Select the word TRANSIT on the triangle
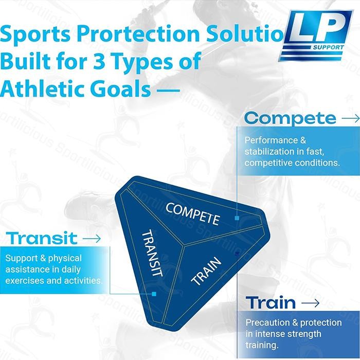coord(152,253)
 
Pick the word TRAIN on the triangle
coord(206,271)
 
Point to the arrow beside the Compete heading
coord(350,118)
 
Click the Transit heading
coord(43,238)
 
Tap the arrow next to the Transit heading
coord(91,238)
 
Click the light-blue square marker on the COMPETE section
coord(237,218)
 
